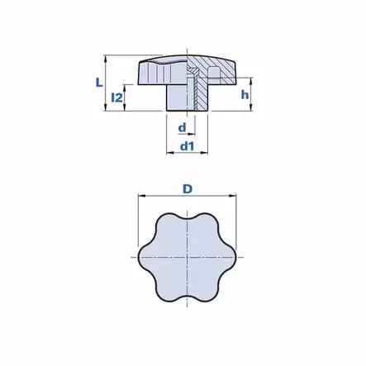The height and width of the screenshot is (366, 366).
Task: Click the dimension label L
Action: [99, 83]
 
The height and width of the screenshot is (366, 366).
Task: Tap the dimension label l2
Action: [116, 97]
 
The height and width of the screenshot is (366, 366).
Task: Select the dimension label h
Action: [245, 94]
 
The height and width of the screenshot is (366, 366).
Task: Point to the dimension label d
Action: [182, 127]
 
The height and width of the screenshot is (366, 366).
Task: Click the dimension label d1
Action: [187, 146]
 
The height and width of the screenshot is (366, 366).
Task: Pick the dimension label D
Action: [188, 189]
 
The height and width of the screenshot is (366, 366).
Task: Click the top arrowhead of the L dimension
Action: [105, 58]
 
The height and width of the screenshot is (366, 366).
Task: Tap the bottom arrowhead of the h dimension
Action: [250, 108]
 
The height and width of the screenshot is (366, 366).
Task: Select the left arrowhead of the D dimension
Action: [141, 196]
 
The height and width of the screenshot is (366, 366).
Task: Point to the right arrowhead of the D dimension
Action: [233, 196]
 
